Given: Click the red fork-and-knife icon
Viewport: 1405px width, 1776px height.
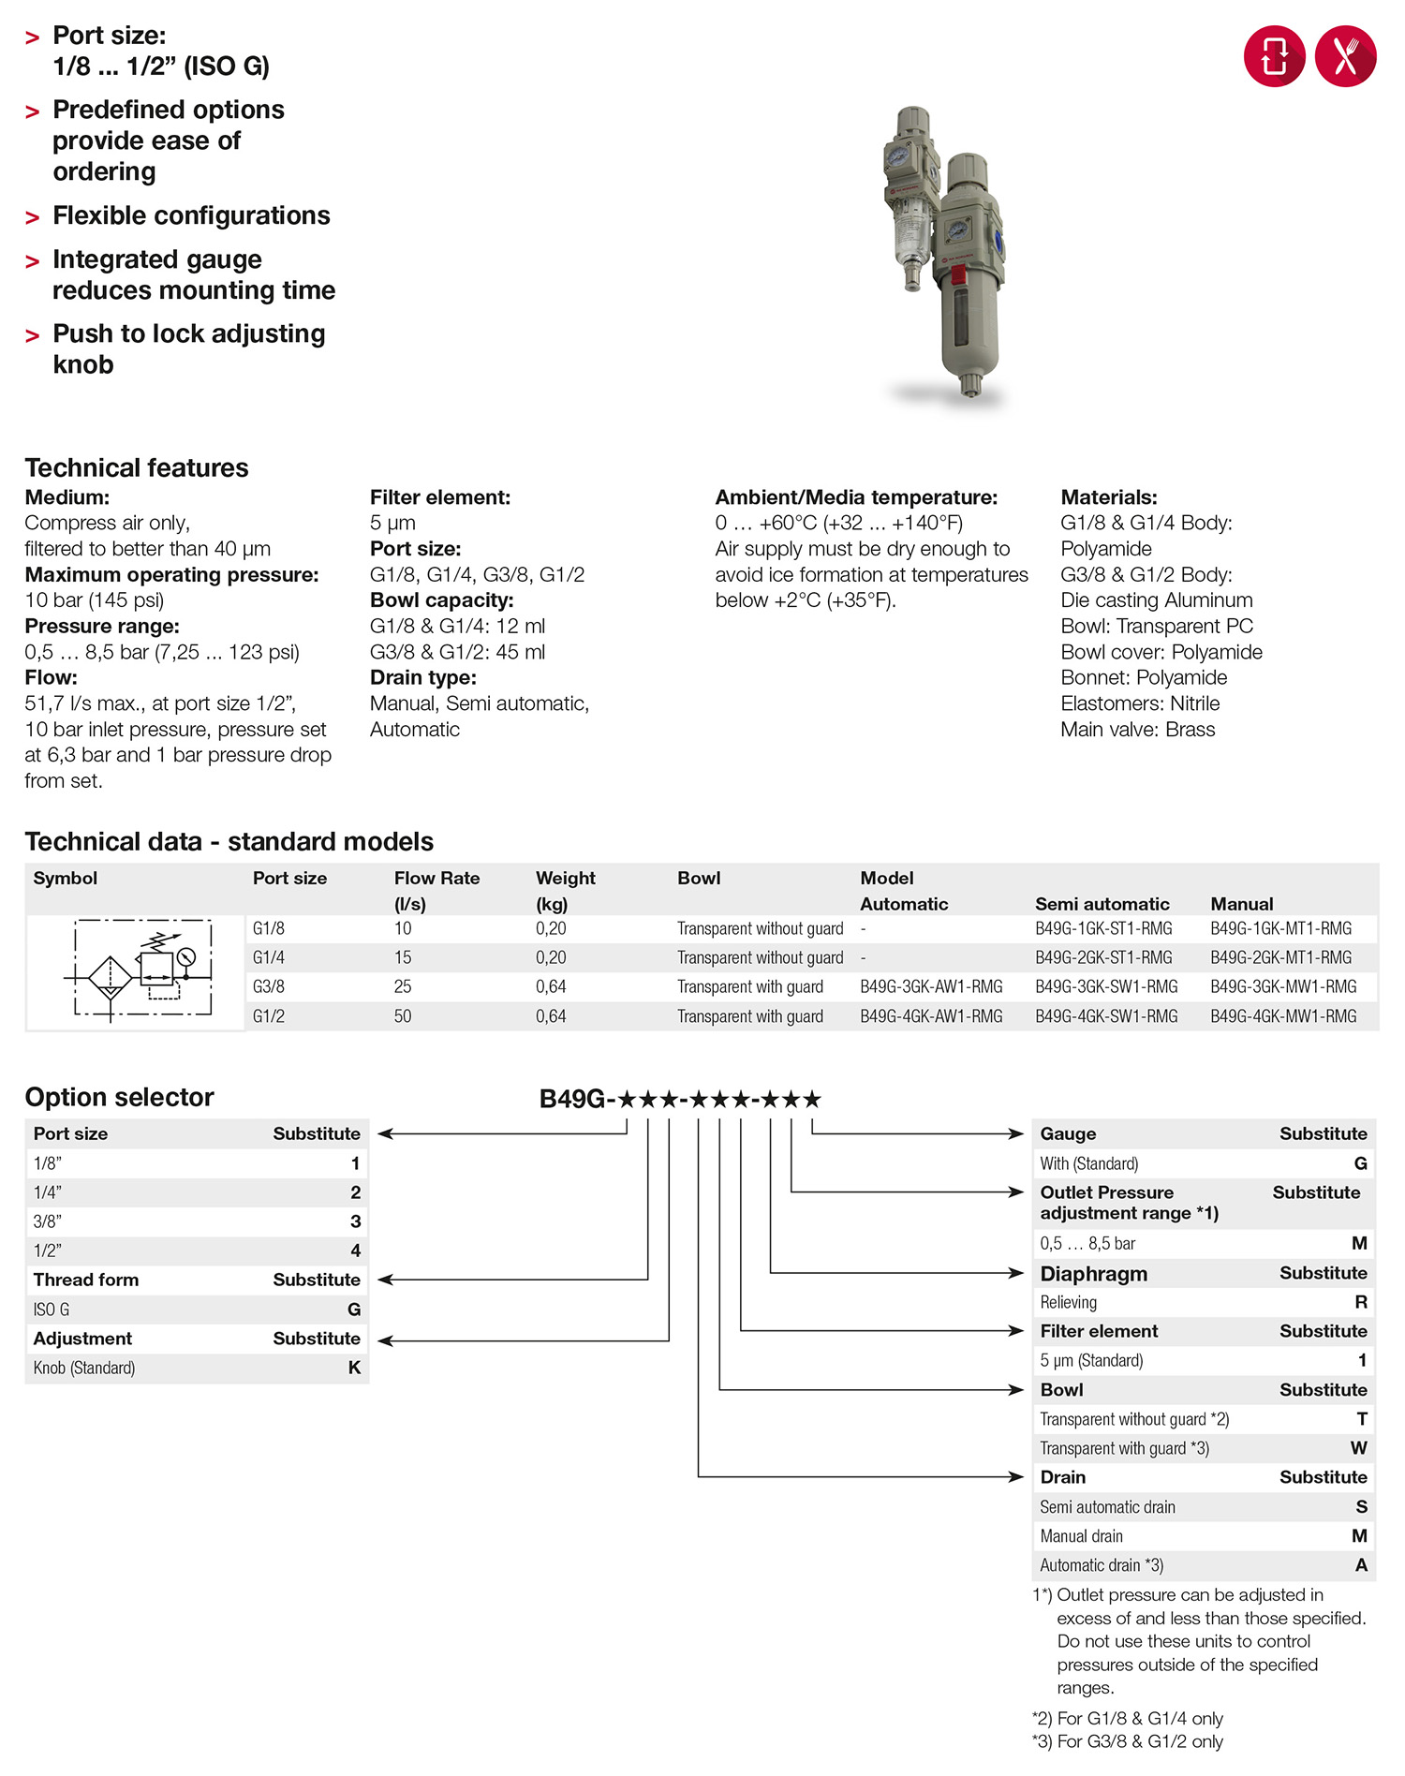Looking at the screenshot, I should coord(1345,56).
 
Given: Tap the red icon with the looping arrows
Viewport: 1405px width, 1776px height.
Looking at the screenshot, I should coord(1274,56).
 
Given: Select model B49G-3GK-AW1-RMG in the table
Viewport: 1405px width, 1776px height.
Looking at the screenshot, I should coord(931,986).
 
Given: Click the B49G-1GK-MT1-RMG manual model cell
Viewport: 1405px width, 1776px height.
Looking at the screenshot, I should coord(1280,928).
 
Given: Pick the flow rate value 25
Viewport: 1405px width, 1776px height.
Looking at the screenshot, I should coord(403,986).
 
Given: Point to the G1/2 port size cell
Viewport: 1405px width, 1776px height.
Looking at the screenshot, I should coord(269,1015).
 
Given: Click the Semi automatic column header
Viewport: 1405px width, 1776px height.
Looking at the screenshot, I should coord(1102,904).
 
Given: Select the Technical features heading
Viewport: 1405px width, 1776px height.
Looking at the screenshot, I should coord(137,467).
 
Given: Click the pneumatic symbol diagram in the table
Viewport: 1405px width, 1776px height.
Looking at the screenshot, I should coord(137,972).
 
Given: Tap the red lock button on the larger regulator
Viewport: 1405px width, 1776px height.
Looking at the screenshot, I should coord(958,274).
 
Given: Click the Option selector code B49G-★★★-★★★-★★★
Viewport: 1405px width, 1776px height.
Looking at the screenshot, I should coord(680,1099).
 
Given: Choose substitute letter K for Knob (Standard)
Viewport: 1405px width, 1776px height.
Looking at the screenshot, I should coord(354,1368).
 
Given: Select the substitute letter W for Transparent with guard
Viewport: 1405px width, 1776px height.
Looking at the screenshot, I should coord(1359,1448).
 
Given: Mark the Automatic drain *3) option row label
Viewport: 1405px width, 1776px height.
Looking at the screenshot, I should coord(1102,1565).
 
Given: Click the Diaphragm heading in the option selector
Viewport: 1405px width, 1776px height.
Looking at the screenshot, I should coord(1093,1274).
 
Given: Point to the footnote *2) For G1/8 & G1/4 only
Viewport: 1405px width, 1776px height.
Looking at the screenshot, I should coord(1128,1718).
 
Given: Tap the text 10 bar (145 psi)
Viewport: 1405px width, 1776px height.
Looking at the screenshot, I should coord(94,600).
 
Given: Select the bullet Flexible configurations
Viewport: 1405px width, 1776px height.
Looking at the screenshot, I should coord(191,215).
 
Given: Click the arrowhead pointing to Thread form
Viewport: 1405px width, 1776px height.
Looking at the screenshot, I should coord(384,1280).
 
